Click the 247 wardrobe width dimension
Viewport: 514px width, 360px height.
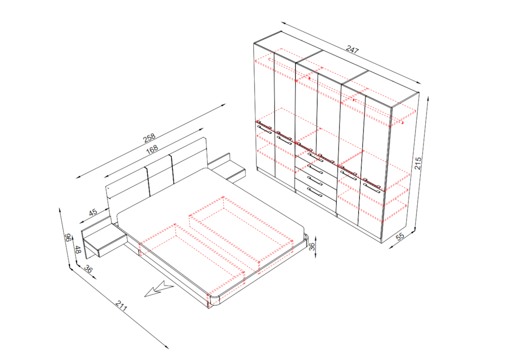tap(352, 50)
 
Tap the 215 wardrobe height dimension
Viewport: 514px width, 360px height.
tap(418, 163)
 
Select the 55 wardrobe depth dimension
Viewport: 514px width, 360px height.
tap(400, 237)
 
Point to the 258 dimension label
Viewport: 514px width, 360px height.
tap(149, 138)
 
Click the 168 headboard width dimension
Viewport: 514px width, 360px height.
tap(152, 149)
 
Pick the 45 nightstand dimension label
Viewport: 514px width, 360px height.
tap(93, 212)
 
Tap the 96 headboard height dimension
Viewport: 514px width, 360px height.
tap(68, 237)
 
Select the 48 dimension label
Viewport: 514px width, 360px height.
tap(78, 250)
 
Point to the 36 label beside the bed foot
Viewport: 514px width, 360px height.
tap(312, 246)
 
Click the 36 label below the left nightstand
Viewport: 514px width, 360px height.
tap(88, 269)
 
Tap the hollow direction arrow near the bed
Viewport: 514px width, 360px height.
tap(159, 289)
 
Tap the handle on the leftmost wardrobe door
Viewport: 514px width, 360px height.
tap(264, 130)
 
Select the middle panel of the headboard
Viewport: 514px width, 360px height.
tap(160, 175)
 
